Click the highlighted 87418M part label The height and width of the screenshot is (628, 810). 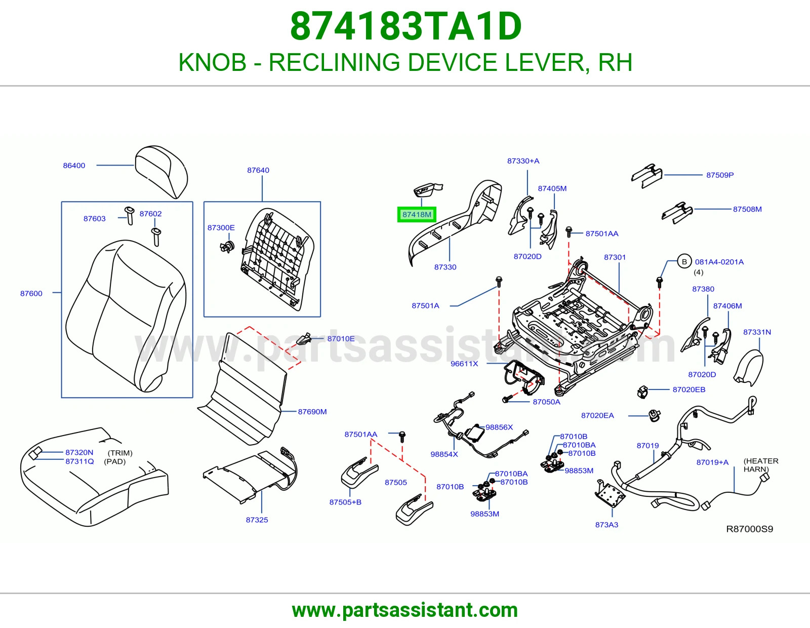coord(416,214)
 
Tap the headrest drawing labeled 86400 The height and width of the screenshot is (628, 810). coord(161,172)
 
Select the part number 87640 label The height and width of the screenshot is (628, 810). coord(258,170)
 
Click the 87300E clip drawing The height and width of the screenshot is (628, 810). coord(227,247)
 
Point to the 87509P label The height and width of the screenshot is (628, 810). coord(720,175)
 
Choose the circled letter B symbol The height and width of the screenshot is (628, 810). coord(684,262)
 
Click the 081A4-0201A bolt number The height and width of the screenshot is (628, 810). coord(719,262)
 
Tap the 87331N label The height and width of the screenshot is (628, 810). coord(757,332)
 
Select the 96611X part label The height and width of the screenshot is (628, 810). coord(464,364)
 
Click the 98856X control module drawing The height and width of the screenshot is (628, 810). coord(474,433)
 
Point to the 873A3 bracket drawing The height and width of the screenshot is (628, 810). coord(610,494)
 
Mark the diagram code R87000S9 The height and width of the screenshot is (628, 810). coord(750,529)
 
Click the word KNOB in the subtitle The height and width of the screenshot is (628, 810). coord(213,62)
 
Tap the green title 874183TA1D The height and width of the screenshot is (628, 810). coord(406,26)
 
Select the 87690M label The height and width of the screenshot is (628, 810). coord(312,412)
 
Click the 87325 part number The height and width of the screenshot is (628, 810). coord(257,520)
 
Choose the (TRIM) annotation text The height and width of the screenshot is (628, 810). coord(120,453)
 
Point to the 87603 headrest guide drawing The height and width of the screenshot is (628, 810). coord(129,215)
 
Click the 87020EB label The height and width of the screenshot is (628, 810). coord(689,389)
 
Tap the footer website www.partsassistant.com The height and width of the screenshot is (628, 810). coord(405,610)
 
